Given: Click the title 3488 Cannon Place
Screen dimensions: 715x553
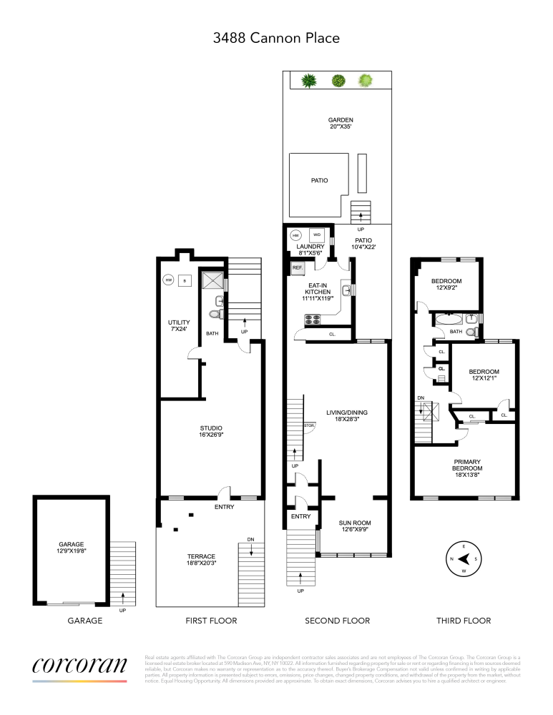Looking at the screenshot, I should click(x=276, y=37).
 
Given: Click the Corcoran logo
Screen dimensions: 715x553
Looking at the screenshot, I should click(x=79, y=665).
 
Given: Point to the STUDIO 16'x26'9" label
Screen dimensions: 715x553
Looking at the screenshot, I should click(x=211, y=432).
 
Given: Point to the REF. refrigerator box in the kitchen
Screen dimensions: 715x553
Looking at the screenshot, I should click(x=298, y=268).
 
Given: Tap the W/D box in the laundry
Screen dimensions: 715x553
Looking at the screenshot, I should click(x=317, y=235).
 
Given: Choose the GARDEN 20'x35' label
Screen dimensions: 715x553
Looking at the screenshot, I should click(x=341, y=124).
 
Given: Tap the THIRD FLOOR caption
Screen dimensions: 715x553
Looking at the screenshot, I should click(x=464, y=621).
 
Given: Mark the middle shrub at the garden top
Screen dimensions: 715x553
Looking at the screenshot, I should click(x=338, y=80).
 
